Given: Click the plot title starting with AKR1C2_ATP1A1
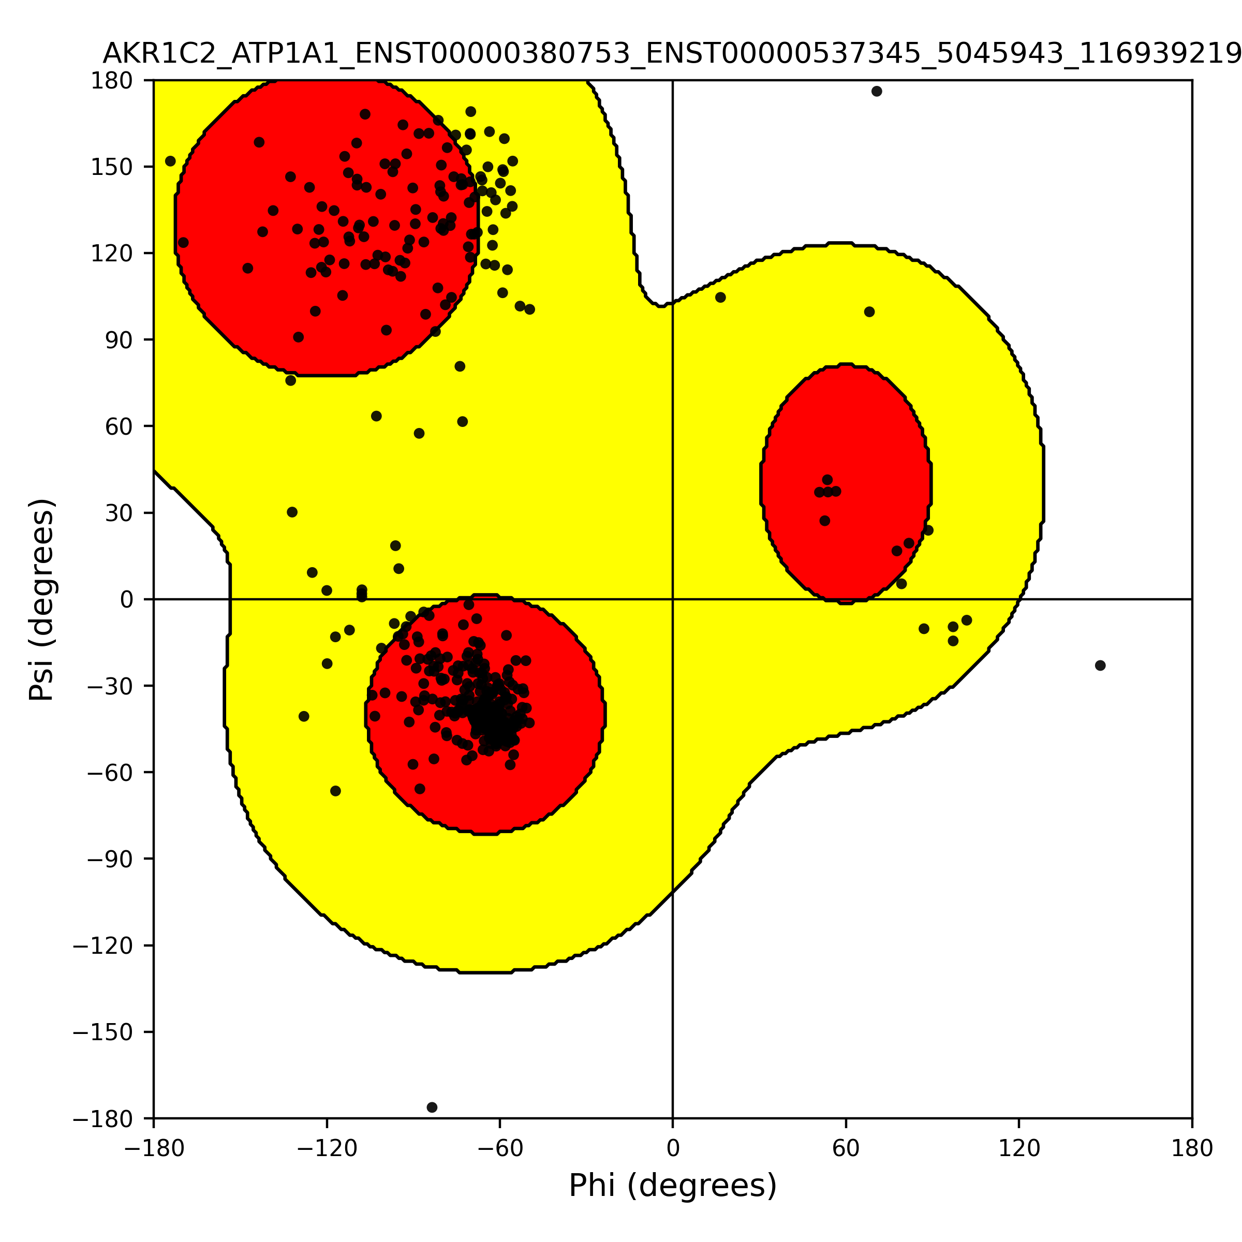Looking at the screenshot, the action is pos(672,54).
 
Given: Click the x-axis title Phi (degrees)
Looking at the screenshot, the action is pos(672,1186).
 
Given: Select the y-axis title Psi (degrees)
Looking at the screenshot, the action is pos(42,599).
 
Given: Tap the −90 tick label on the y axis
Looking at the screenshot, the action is pos(111,859).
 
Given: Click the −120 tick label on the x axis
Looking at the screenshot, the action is pos(327,1148).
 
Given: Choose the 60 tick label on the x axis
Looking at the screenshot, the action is pos(846,1148).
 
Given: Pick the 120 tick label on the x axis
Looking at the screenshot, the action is pos(1018,1148).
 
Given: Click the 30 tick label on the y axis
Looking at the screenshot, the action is pos(120,513).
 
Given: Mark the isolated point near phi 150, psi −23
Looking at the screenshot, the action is pos(1100,666).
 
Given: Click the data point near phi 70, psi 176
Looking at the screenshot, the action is pos(876,91).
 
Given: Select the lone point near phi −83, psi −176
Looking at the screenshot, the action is pos(432,1107).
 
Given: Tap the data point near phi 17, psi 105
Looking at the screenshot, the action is pos(720,297).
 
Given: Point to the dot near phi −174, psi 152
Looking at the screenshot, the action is pos(170,161).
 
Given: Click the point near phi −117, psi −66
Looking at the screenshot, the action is pos(335,791).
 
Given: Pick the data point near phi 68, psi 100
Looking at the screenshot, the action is pos(869,312).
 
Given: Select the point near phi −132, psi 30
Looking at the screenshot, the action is pos(292,512).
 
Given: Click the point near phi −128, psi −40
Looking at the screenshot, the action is pos(303,716).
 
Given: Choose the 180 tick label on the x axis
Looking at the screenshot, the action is pos(1191,1148).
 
